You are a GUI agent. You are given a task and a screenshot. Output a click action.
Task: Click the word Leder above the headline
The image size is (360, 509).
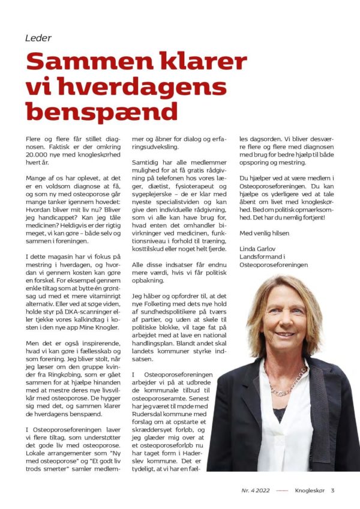[38, 38]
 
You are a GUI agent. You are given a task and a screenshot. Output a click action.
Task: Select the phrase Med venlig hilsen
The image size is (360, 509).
[264, 233]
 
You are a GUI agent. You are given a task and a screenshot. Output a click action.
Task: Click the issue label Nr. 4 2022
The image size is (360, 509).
[255, 490]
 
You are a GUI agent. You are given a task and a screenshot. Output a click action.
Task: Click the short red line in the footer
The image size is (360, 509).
[281, 490]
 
